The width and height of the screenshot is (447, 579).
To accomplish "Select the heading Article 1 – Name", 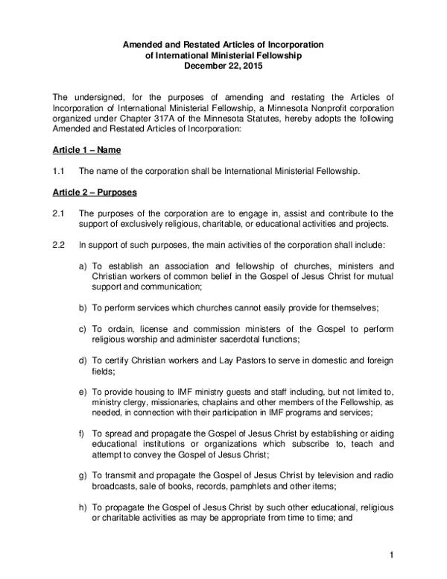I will coord(86,150).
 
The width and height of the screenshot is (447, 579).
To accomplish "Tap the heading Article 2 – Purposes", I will coord(94,193).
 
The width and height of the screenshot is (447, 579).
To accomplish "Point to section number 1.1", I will coord(59,172).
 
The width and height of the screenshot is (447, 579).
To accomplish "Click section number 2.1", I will coord(59,214).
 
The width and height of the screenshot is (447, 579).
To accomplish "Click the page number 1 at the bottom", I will coord(390,554).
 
